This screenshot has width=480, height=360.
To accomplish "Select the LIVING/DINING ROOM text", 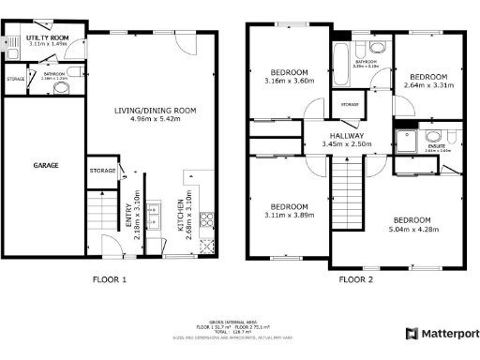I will [156, 111].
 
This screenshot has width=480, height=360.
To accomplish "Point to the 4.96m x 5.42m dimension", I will [156, 120].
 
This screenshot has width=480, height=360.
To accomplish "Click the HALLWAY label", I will [347, 134].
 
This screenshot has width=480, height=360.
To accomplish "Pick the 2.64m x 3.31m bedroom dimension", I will [427, 85].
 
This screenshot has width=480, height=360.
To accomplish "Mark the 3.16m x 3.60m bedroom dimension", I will [290, 81].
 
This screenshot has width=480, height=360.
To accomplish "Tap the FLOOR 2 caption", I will [355, 279].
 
